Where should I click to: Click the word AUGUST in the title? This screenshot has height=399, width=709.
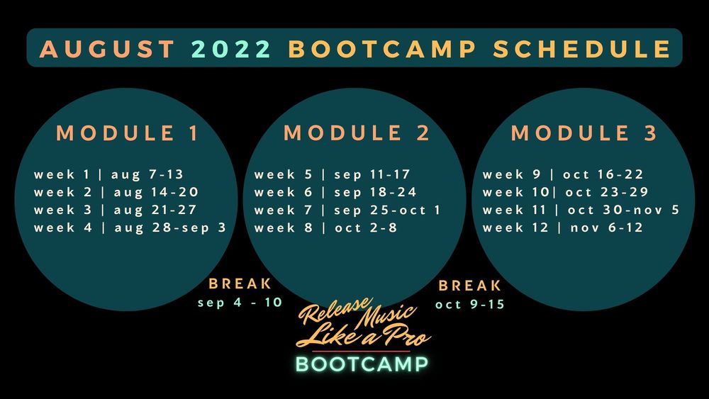(x=107, y=49)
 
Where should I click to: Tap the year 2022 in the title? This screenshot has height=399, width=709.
(x=231, y=49)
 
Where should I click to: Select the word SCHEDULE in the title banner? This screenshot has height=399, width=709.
(x=581, y=49)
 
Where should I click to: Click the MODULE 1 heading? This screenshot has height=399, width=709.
(x=127, y=133)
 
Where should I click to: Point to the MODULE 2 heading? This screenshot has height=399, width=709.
(x=357, y=133)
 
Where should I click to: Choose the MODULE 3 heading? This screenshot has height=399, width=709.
(x=584, y=133)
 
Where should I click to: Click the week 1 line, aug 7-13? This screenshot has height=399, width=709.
(x=108, y=174)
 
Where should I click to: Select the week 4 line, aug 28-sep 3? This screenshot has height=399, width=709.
(x=130, y=227)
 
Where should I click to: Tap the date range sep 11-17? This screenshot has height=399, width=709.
(x=372, y=174)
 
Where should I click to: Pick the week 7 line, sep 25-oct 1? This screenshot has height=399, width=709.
(x=347, y=210)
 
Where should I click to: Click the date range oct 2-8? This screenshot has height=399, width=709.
(x=366, y=227)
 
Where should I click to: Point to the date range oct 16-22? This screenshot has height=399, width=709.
(x=603, y=174)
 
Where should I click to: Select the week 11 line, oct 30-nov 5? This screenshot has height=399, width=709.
(x=581, y=210)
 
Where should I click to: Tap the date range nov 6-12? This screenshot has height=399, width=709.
(x=606, y=227)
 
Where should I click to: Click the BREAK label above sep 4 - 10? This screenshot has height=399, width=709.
(x=240, y=283)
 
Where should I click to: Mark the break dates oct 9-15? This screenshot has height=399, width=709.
(x=470, y=305)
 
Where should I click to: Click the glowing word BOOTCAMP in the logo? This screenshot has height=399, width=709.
(x=362, y=364)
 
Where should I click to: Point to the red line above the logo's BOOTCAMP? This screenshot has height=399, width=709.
(x=361, y=351)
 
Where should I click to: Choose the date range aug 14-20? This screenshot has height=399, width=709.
(x=156, y=192)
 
